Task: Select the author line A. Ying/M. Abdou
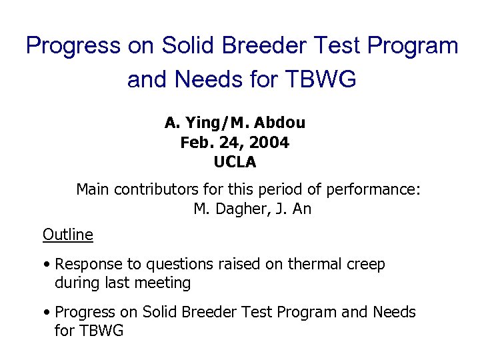pyautogui.click(x=235, y=123)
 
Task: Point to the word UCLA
pyautogui.click(x=235, y=161)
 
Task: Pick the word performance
pyautogui.click(x=373, y=189)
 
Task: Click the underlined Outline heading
pyautogui.click(x=67, y=235)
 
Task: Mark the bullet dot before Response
pyautogui.click(x=47, y=265)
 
